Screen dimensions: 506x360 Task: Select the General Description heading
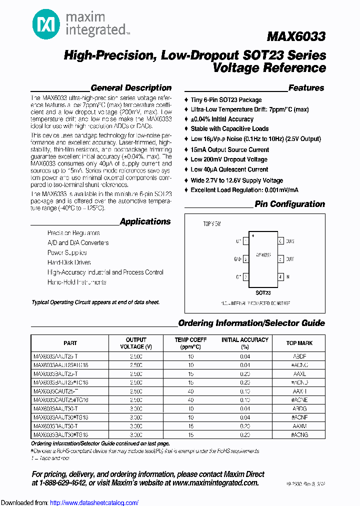tap(131, 88)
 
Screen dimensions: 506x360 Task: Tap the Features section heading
tap(306, 88)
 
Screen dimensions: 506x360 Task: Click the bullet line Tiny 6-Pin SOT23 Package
tap(226, 100)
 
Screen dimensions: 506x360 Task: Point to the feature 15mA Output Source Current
tap(229, 149)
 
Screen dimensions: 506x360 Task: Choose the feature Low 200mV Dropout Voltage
tap(229, 159)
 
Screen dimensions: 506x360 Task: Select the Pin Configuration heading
tap(289, 204)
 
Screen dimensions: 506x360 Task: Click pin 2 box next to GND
tap(245, 259)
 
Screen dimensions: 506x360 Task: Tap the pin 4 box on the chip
tap(281, 276)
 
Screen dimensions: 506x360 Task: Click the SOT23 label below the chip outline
tap(263, 292)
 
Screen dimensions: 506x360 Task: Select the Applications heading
tap(145, 221)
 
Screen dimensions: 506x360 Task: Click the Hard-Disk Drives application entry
tap(69, 262)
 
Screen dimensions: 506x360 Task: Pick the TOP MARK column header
tap(299, 343)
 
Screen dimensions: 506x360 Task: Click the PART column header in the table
tap(70, 343)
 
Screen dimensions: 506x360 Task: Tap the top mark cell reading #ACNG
tap(299, 435)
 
